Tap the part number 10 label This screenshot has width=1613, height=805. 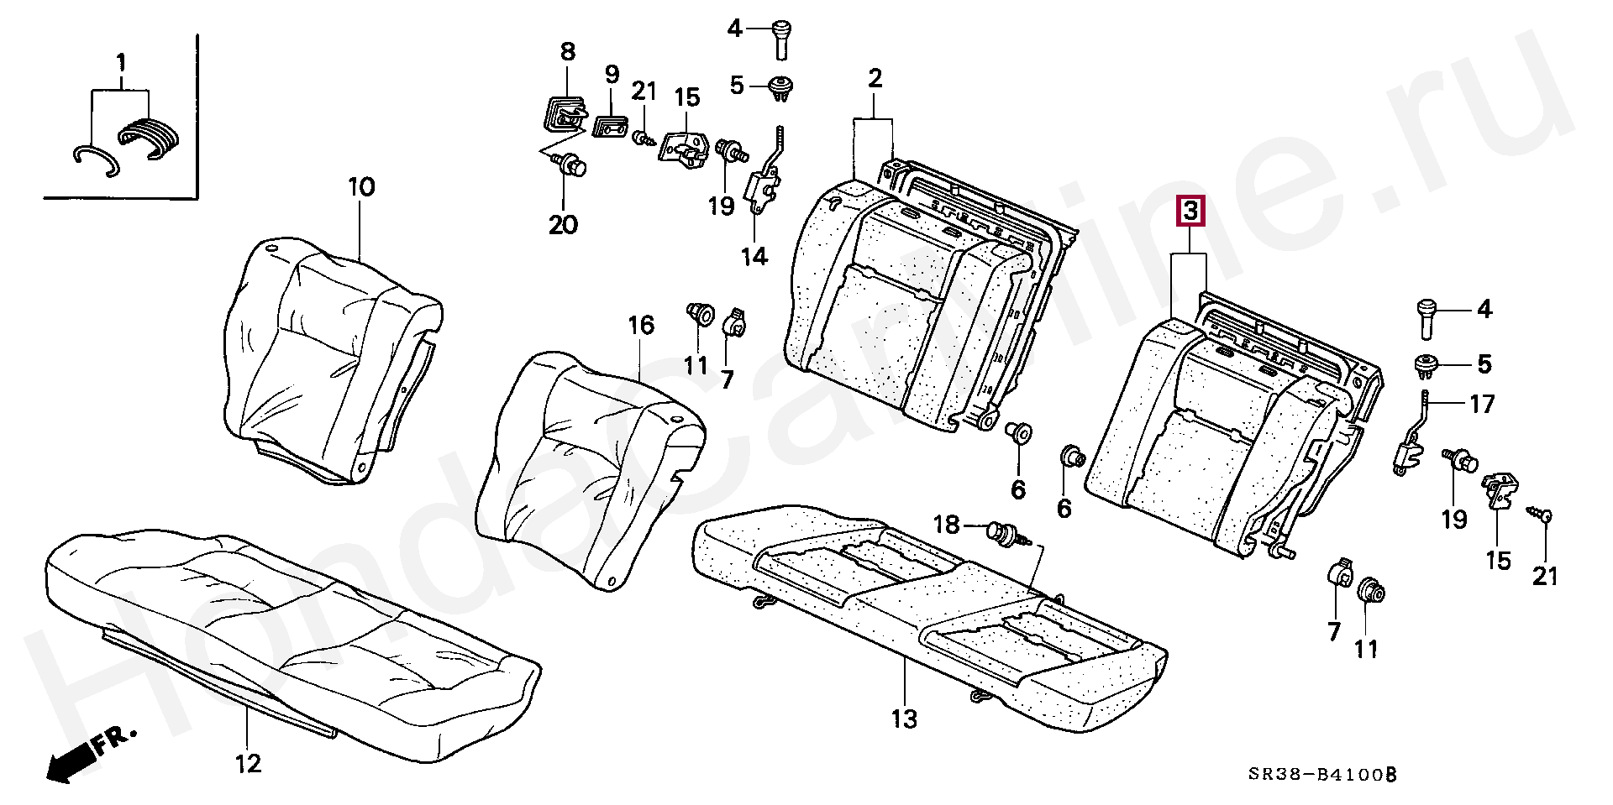361,186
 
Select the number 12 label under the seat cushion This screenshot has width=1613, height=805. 249,763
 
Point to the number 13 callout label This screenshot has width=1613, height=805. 905,719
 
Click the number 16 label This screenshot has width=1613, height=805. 641,325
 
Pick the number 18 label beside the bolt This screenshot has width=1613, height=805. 947,525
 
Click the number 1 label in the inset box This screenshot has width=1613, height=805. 121,61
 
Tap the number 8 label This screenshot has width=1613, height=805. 568,51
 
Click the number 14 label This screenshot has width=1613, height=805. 754,256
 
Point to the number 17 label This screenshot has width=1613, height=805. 1482,404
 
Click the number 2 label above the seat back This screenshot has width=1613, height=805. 875,79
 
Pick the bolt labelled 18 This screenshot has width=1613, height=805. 1003,532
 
